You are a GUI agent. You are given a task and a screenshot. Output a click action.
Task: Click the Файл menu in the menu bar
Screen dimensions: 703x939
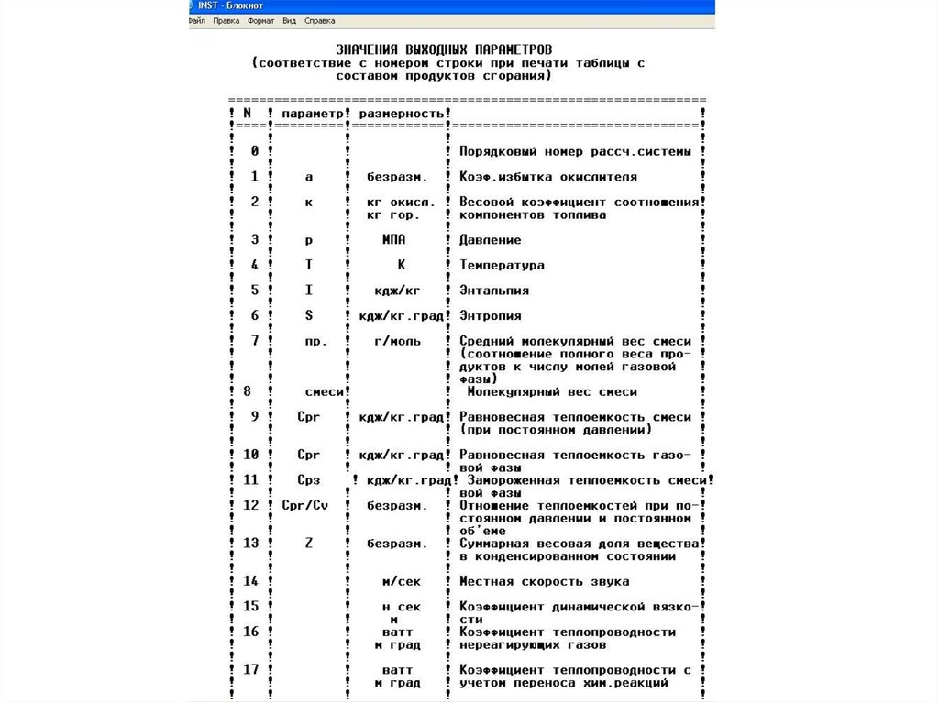click(x=196, y=20)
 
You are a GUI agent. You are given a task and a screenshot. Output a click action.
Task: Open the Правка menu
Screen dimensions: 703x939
click(x=226, y=20)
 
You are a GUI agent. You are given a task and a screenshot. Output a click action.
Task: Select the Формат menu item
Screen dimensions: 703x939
click(x=260, y=20)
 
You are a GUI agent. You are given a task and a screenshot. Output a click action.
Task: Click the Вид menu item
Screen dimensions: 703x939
click(x=289, y=20)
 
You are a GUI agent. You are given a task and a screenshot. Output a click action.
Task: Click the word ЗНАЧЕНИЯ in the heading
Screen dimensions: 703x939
click(x=367, y=48)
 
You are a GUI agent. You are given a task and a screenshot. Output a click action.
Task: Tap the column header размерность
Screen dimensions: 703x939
click(x=402, y=113)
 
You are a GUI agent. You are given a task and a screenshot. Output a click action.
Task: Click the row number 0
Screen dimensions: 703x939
click(x=254, y=150)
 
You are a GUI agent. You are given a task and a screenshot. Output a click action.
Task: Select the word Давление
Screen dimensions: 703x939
click(x=490, y=240)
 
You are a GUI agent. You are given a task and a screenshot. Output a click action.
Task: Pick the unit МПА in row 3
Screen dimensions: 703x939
click(x=394, y=240)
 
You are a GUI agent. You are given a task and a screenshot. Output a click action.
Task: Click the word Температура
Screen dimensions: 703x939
click(x=502, y=266)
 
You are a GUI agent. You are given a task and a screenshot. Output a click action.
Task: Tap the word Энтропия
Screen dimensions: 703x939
click(x=490, y=316)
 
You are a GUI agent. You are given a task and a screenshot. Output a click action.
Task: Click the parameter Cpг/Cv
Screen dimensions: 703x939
click(x=304, y=505)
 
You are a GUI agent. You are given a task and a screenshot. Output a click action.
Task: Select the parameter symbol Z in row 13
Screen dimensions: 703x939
click(x=309, y=544)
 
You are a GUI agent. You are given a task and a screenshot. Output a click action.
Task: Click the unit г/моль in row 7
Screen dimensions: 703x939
click(x=398, y=341)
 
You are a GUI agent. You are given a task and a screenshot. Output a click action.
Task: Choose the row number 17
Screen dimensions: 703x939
click(x=250, y=669)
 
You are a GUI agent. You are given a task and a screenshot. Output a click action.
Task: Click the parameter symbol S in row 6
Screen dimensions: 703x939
click(x=309, y=316)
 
